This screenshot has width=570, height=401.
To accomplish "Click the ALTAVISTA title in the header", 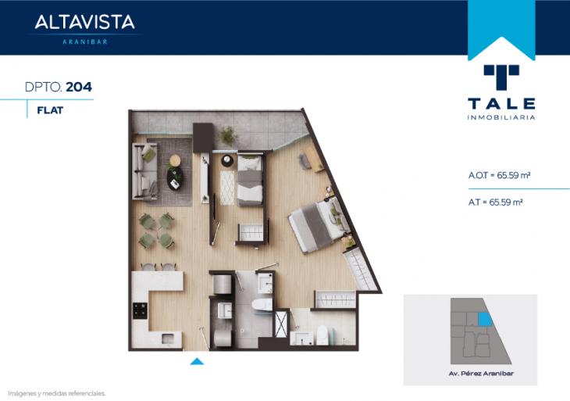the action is (x=84, y=22).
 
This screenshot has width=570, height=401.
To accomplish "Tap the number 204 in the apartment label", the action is (x=79, y=87).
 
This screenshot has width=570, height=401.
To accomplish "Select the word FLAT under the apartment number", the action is (x=50, y=110).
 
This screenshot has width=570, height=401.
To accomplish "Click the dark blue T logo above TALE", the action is (x=501, y=77).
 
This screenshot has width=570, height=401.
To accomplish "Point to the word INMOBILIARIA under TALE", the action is (x=501, y=117).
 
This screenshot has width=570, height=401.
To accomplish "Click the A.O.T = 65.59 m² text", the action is (x=500, y=175).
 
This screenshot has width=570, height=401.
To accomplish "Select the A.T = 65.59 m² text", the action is (x=496, y=202).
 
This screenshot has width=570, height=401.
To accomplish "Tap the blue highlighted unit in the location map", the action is (x=485, y=319).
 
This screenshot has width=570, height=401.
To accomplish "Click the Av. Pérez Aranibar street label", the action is (x=481, y=374).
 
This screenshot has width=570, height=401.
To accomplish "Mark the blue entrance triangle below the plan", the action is (x=197, y=361).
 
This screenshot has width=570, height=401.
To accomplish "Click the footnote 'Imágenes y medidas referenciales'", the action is (x=57, y=393).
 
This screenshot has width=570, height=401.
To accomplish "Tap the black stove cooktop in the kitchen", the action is (x=140, y=311).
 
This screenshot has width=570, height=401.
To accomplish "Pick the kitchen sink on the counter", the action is (x=168, y=338).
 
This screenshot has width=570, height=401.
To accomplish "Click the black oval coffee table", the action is (x=175, y=178).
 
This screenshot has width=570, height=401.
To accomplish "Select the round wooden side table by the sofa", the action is (x=175, y=159).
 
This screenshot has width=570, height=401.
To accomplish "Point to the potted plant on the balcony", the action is (x=228, y=135).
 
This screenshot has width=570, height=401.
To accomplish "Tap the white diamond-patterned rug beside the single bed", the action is (x=227, y=188).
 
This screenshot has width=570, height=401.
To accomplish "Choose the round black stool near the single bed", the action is (x=227, y=160).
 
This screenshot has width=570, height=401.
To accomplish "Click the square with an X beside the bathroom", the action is (x=281, y=324).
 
